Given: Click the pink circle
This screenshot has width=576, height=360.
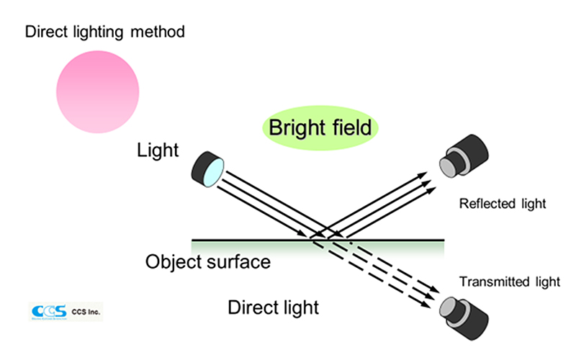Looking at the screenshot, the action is (x=98, y=92).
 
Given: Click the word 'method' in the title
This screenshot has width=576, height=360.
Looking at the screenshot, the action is (x=158, y=32).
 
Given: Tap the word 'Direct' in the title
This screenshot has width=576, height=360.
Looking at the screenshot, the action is (x=47, y=32).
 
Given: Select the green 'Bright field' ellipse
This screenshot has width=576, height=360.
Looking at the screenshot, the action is (x=320, y=128).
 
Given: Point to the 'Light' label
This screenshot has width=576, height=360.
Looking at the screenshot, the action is (x=158, y=150).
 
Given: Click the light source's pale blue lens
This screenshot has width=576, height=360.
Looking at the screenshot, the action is (x=213, y=172).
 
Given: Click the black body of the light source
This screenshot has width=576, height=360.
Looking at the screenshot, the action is (x=201, y=168).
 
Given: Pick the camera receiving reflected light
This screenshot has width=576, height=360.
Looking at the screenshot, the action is (x=464, y=156).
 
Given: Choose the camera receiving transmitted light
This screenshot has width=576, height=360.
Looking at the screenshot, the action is (x=464, y=318).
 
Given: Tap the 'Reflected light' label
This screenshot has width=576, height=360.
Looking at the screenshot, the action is (x=503, y=204).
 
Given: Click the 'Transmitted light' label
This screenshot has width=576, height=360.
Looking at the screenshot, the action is (x=510, y=282).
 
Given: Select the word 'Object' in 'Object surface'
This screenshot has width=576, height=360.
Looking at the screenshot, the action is (x=174, y=262).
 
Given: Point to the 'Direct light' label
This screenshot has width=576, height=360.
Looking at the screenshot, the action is (x=274, y=307).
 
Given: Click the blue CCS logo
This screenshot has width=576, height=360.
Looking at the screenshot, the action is (x=49, y=312).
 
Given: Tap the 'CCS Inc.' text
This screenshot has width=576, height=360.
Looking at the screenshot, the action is (x=86, y=312).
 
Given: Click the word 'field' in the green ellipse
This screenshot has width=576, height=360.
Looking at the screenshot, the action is (x=352, y=127).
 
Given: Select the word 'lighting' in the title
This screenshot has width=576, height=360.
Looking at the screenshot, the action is (x=98, y=32).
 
